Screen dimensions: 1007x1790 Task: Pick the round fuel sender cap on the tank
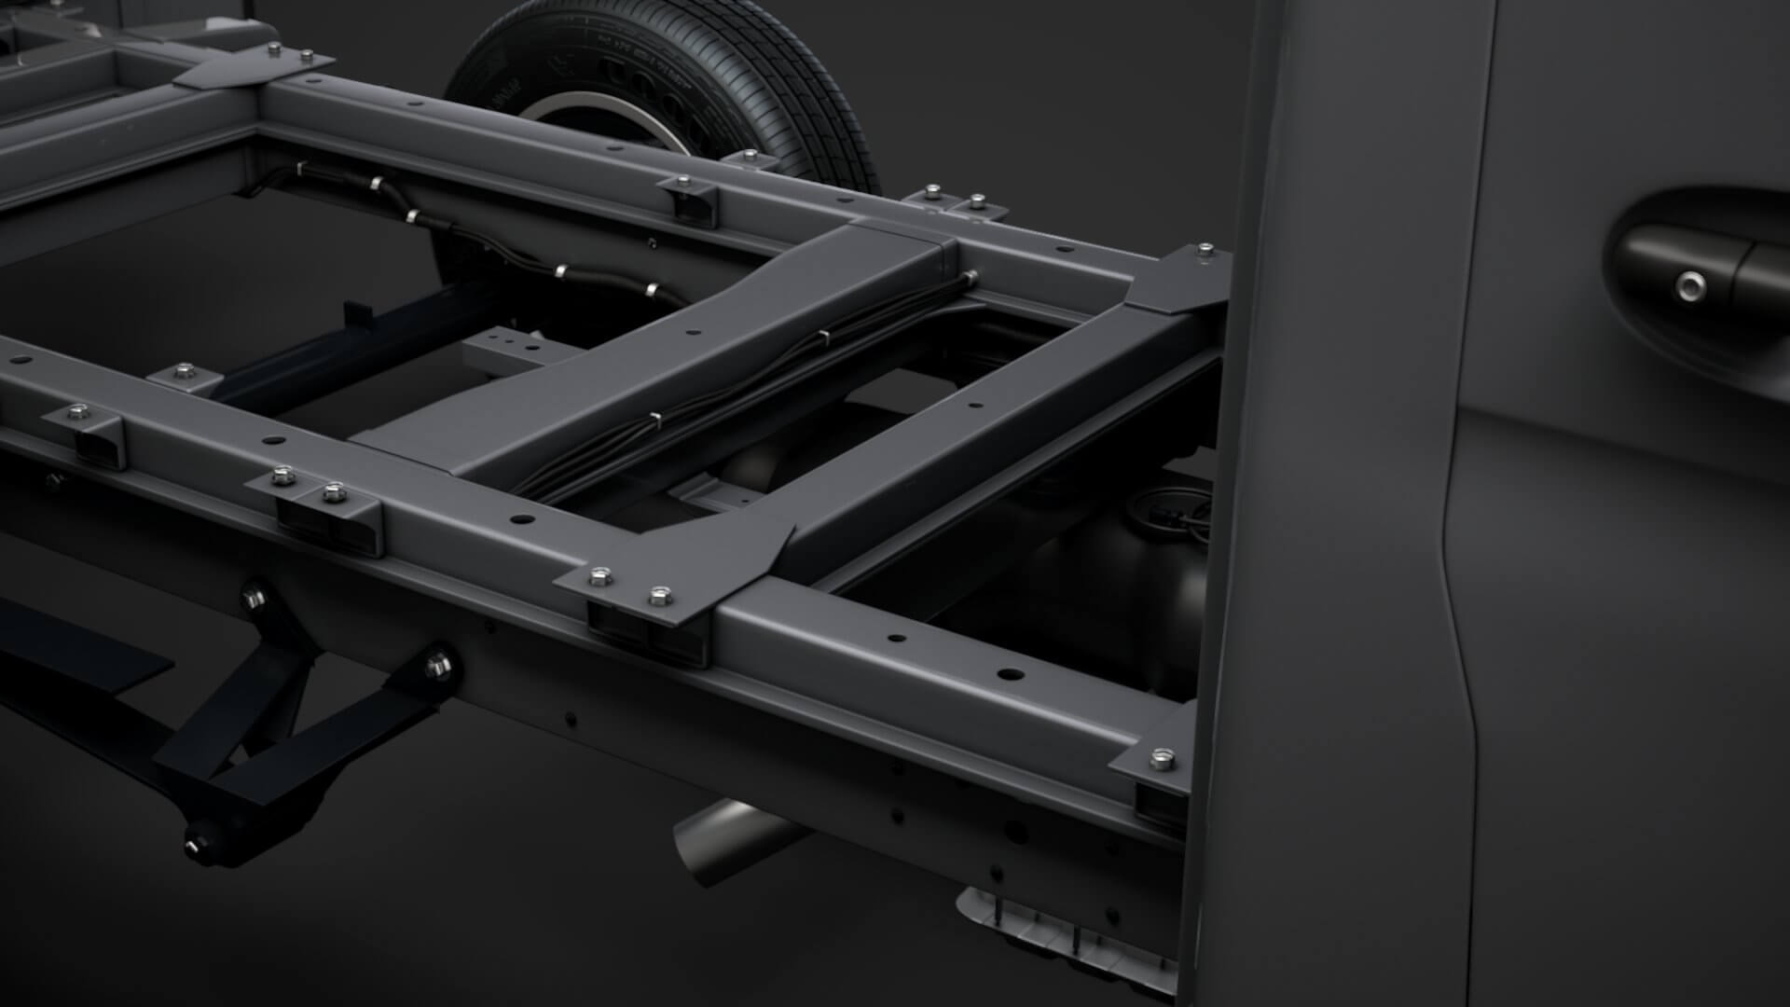(1156, 513)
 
